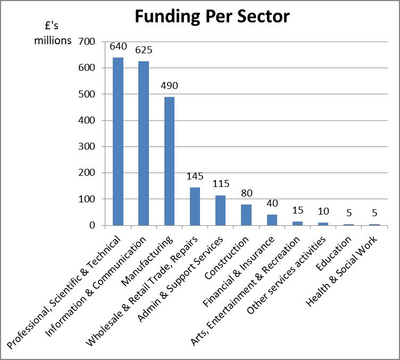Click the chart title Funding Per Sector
(212, 17)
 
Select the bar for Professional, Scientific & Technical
(118, 141)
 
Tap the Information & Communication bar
(144, 143)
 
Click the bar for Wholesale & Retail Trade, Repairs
(195, 206)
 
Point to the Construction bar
(246, 215)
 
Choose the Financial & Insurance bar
(272, 220)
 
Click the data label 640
(118, 46)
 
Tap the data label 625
(144, 50)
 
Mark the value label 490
(169, 85)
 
